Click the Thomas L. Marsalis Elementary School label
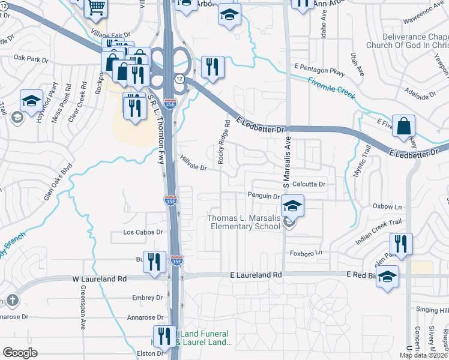(x=244, y=222)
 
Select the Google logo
(x=20, y=353)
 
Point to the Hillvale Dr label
(x=193, y=163)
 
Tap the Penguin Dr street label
(x=264, y=196)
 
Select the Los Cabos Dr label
(x=143, y=232)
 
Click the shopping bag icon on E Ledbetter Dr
(x=404, y=127)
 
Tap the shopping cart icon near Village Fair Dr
(x=96, y=7)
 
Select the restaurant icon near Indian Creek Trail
(x=400, y=244)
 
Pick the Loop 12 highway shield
(x=179, y=79)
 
